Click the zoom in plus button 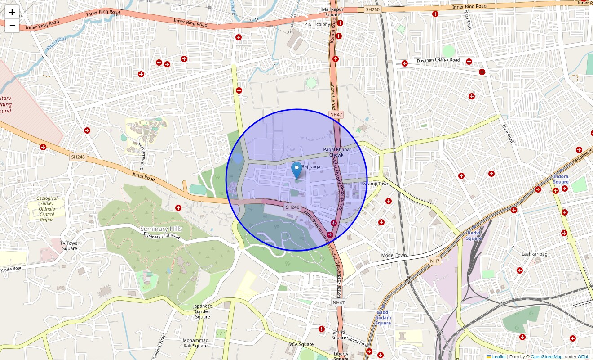[x=12, y=12]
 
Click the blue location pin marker [x=296, y=171]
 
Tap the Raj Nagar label [x=312, y=167]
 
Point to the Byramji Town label [x=375, y=184]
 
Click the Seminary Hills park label [x=161, y=229]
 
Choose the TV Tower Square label [x=70, y=246]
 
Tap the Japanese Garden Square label [x=202, y=311]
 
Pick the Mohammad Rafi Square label [x=195, y=343]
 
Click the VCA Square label [x=301, y=345]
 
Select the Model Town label [x=394, y=256]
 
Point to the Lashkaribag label [x=534, y=254]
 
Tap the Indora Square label [x=561, y=180]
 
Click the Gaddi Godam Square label [x=383, y=318]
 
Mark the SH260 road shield [x=372, y=9]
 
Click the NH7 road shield [x=434, y=261]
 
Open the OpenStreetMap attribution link [x=546, y=357]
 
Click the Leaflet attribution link [x=499, y=357]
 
